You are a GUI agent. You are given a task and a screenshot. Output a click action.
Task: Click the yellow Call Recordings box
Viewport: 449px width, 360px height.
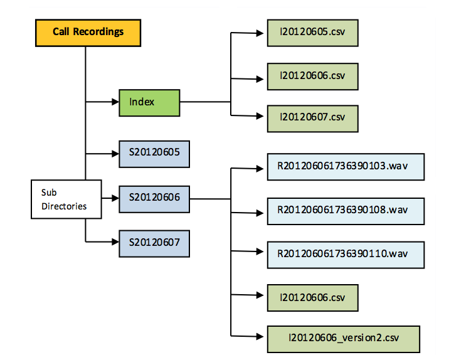[x=88, y=33]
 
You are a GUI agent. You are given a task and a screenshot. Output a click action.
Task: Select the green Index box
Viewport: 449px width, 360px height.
[x=149, y=103]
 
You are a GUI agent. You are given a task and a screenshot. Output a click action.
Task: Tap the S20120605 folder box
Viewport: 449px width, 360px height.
[x=154, y=154]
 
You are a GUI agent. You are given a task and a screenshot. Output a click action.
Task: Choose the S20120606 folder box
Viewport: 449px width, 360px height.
[x=154, y=199]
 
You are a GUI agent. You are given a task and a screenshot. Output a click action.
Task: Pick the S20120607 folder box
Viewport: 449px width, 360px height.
[x=154, y=244]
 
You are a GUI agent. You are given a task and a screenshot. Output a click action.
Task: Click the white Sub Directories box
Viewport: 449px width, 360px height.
[x=66, y=199]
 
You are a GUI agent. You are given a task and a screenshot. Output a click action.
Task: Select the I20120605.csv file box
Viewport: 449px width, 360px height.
[x=313, y=33]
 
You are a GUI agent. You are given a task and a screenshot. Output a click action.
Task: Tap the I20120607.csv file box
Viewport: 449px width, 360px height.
[x=313, y=119]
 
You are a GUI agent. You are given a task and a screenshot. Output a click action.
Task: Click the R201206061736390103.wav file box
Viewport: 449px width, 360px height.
[x=346, y=167]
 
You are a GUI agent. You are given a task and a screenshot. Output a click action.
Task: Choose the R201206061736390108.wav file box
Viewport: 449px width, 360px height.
[x=346, y=211]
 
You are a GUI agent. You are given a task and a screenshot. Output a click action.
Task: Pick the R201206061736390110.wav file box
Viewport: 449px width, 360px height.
[x=346, y=255]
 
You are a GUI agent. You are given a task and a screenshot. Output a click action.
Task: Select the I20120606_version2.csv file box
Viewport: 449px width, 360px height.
[x=344, y=339]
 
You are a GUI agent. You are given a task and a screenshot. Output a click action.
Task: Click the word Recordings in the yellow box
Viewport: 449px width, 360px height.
[x=98, y=32]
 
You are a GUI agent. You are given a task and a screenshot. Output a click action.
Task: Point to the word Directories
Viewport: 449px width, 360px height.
[x=64, y=206]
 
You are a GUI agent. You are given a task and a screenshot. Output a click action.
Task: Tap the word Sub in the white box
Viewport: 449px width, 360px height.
[x=49, y=193]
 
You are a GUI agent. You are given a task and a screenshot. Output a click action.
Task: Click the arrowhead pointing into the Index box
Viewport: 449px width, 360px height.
[x=115, y=102]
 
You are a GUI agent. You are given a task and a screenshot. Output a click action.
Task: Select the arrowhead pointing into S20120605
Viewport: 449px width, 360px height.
[x=115, y=154]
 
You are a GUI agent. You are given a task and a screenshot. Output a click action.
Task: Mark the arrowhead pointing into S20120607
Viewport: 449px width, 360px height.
[x=115, y=242]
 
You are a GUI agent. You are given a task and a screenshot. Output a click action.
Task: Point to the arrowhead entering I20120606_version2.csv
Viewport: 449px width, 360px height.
[x=260, y=337]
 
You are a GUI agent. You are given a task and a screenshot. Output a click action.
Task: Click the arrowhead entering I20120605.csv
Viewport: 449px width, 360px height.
[x=260, y=33]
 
